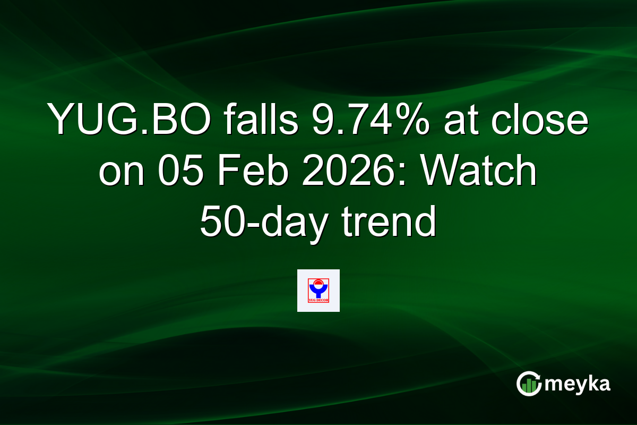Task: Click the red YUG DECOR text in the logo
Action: click(318, 300)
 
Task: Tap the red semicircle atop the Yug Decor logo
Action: click(318, 282)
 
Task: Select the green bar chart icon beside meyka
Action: click(528, 386)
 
